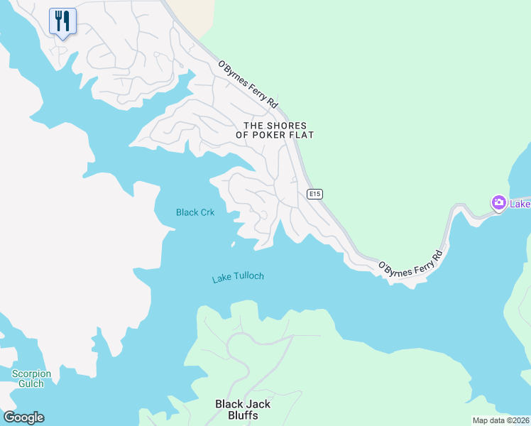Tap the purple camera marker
(x=499, y=203)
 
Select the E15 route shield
(x=315, y=194)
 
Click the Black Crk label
(x=195, y=212)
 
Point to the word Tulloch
(x=248, y=276)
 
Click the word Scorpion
(x=32, y=373)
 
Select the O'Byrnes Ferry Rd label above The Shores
(x=248, y=84)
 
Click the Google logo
(x=23, y=417)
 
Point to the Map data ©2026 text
(x=500, y=420)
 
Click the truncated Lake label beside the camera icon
(x=520, y=204)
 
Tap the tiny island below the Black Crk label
(x=233, y=245)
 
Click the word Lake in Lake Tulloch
(x=222, y=280)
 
